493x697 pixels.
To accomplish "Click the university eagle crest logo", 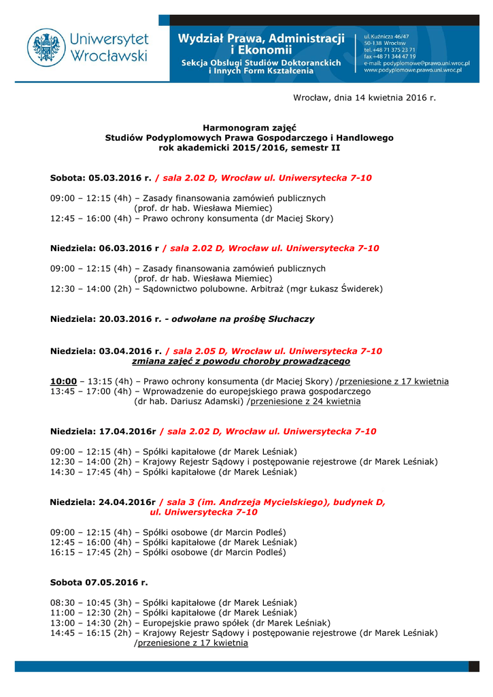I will pyautogui.click(x=46, y=48).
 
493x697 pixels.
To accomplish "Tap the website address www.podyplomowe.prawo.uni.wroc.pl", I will pyautogui.click(x=413, y=70).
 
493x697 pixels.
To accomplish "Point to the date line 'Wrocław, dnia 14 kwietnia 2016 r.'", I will pyautogui.click(x=364, y=98).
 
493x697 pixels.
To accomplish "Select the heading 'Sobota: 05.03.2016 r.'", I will pyautogui.click(x=101, y=178).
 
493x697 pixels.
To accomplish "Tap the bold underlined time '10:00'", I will pyautogui.click(x=63, y=381).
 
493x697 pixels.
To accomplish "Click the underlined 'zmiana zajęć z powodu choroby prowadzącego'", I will pyautogui.click(x=241, y=361).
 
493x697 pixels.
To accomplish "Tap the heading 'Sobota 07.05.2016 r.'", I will pyautogui.click(x=99, y=583).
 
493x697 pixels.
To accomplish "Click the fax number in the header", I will pyautogui.click(x=390, y=56).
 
